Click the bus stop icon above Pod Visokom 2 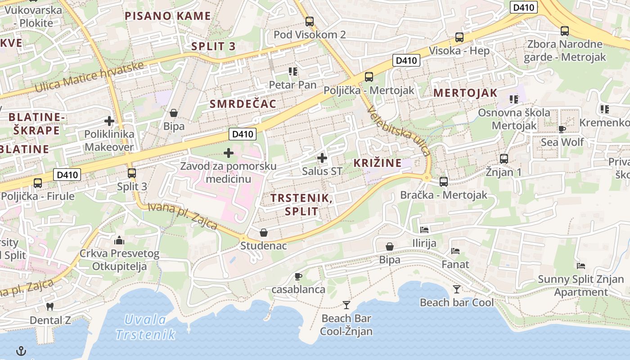click(x=309, y=21)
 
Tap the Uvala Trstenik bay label click(x=145, y=327)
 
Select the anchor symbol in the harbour click(x=21, y=351)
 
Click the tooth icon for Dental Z click(x=50, y=307)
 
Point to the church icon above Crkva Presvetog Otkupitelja click(x=119, y=240)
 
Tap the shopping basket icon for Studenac click(x=264, y=233)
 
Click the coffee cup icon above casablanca click(x=298, y=276)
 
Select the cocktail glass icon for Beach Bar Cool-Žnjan click(x=346, y=305)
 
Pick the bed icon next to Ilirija click(x=424, y=229)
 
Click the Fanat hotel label click(x=455, y=264)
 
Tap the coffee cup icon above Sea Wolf click(x=562, y=129)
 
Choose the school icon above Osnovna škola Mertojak click(x=514, y=99)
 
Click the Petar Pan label click(x=292, y=85)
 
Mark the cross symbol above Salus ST click(x=322, y=158)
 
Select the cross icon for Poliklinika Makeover click(x=109, y=121)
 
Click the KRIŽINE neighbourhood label click(x=377, y=163)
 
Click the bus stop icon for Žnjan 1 click(x=504, y=159)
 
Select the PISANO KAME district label click(x=167, y=16)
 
